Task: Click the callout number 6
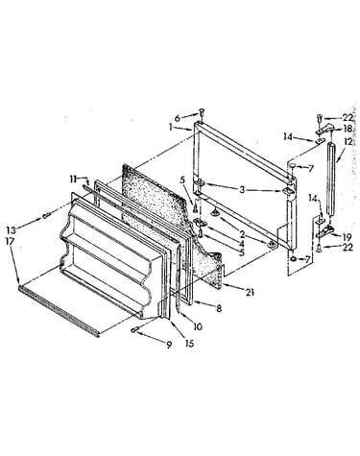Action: point(186,118)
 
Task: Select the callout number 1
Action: point(171,128)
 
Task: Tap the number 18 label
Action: point(348,128)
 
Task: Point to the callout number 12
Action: point(348,141)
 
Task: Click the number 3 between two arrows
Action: point(242,189)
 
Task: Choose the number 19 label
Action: point(347,237)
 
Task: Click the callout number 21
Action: point(250,292)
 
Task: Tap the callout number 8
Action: point(219,309)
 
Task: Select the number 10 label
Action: point(198,326)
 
